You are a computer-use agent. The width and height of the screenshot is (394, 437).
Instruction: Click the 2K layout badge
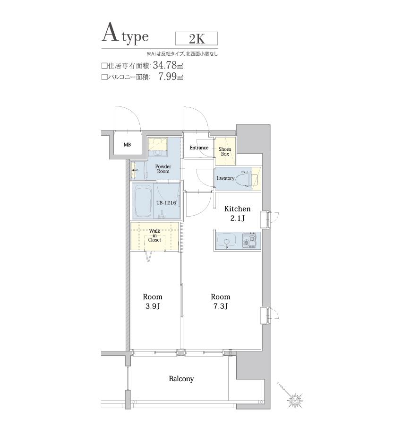click(197, 39)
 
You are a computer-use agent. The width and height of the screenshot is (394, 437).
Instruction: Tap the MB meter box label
click(127, 145)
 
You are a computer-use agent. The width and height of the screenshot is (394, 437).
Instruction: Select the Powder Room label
click(163, 169)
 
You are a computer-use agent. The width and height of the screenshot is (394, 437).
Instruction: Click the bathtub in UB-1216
click(143, 202)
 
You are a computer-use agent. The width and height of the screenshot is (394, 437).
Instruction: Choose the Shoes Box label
click(225, 151)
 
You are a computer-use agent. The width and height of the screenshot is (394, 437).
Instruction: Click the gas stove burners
click(249, 240)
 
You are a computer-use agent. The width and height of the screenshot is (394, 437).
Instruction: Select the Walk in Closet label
click(154, 235)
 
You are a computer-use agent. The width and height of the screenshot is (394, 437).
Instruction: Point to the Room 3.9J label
click(153, 301)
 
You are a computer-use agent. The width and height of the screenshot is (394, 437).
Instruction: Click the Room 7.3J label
click(221, 301)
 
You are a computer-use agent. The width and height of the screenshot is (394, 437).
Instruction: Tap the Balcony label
click(181, 379)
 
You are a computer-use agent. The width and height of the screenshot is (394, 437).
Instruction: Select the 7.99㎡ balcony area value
click(171, 76)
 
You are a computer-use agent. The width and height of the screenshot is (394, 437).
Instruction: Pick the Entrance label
click(199, 148)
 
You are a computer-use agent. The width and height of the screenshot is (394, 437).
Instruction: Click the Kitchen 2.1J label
click(238, 213)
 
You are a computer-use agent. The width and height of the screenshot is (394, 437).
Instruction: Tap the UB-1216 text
click(166, 203)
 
